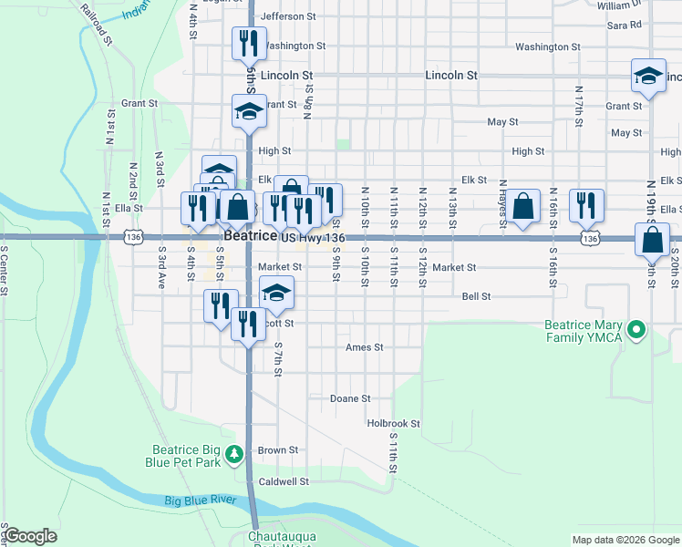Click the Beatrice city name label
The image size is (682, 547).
pos(250,235)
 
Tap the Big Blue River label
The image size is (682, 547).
pos(201,501)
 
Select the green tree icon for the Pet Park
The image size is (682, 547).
pos(234,452)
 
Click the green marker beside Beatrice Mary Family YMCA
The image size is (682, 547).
pos(637,329)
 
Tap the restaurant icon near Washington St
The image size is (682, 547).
pos(248,43)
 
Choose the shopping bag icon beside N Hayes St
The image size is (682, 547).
pos(523,205)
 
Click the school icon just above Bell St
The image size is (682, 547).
pos(277,294)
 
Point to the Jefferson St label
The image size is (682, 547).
pos(287,16)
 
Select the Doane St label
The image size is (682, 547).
pos(350,399)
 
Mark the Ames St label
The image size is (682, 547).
pos(365,348)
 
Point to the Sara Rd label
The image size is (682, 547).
pos(624,26)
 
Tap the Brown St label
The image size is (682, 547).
pos(278,450)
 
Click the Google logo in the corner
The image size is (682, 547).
pos(30,536)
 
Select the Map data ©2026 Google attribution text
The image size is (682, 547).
pos(625,540)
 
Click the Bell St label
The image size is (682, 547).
pos(476,296)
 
